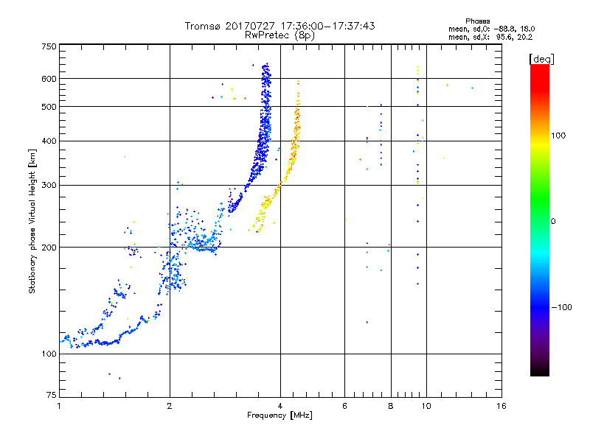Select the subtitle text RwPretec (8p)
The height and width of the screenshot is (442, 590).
pos(280,35)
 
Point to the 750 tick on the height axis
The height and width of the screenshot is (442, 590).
pos(49,46)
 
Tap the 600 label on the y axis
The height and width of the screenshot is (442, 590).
pos(49,79)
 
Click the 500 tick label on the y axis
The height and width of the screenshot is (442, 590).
pos(49,107)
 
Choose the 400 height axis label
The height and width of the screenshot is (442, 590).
pos(49,141)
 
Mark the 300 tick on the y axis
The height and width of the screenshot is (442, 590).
pos(49,185)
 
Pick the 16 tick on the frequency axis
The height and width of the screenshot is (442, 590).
pos(501,406)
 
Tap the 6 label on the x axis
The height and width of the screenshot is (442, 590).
pos(345,406)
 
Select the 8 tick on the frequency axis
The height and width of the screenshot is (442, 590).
pos(391,406)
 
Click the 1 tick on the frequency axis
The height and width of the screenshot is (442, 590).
pos(59,406)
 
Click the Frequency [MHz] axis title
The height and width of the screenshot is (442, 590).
pos(280,416)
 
